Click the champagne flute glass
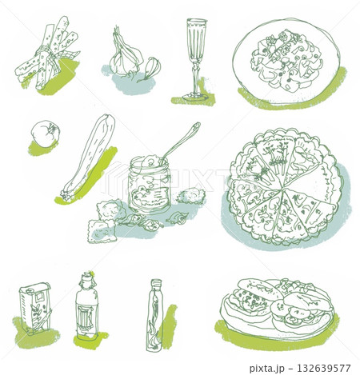196,58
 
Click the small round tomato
45,133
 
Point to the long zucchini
88,158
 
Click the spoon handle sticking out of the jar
181,142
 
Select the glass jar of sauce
150,184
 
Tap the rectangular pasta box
35,308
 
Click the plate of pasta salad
286,61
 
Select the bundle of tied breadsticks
46,54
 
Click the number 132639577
323,369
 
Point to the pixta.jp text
266,369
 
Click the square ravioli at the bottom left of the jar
102,231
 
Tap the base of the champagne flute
195,97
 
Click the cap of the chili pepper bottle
156,283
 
